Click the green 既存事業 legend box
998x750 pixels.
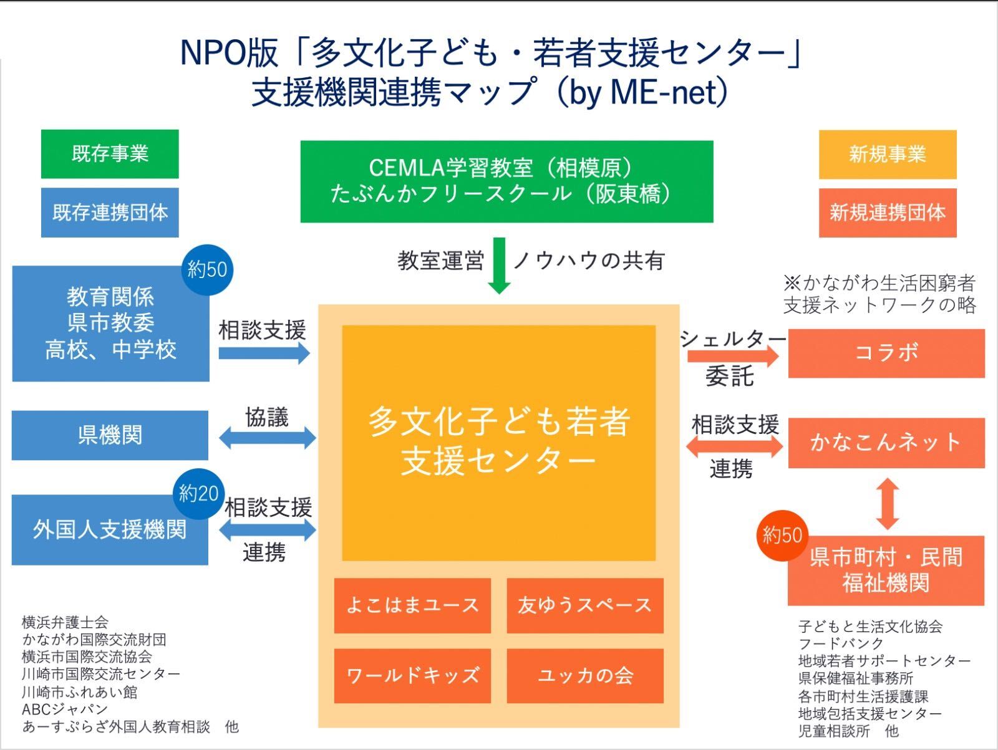pyautogui.click(x=110, y=154)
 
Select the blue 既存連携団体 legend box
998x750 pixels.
pyautogui.click(x=110, y=213)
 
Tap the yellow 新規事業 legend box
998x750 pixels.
pyautogui.click(x=887, y=154)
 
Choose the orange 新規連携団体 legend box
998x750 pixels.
pyautogui.click(x=887, y=213)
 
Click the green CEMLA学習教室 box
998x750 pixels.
pyautogui.click(x=506, y=181)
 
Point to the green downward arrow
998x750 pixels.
pyautogui.click(x=498, y=266)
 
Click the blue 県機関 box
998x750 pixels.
pyautogui.click(x=110, y=435)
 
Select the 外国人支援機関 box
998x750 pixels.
pyautogui.click(x=110, y=531)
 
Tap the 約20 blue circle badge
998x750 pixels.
pyautogui.click(x=198, y=494)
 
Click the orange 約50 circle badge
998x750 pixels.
pyautogui.click(x=782, y=535)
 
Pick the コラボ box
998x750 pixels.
pyautogui.click(x=886, y=353)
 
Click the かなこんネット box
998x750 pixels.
pyautogui.click(x=886, y=443)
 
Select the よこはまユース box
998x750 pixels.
pyautogui.click(x=412, y=605)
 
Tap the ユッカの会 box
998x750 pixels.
pyautogui.click(x=584, y=676)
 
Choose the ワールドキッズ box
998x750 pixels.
pyautogui.click(x=412, y=676)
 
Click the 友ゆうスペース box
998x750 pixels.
pyautogui.click(x=584, y=605)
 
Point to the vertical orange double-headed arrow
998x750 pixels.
pyautogui.click(x=888, y=504)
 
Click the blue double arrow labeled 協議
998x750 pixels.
pyautogui.click(x=268, y=438)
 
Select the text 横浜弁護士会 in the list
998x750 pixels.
pyautogui.click(x=65, y=622)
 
